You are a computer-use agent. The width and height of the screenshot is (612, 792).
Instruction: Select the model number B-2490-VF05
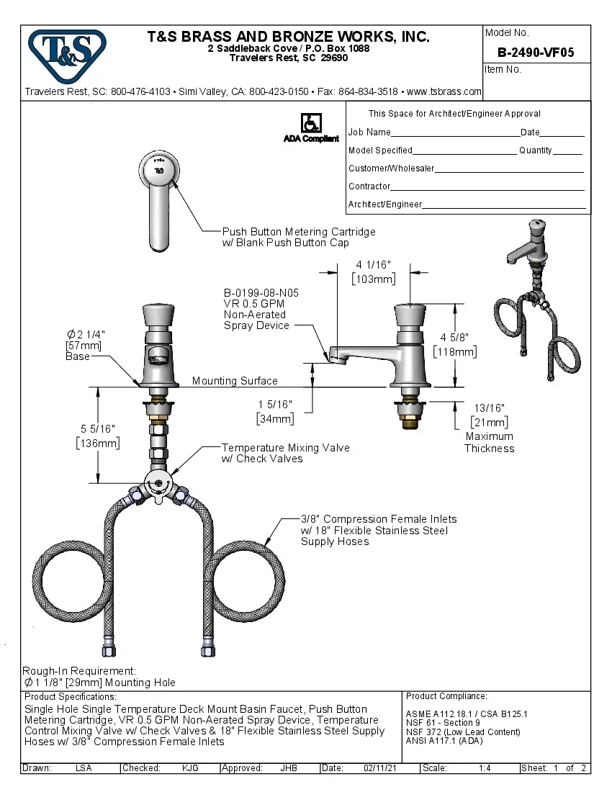(x=536, y=52)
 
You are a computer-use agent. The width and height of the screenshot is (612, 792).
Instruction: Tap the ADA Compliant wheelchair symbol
(x=311, y=123)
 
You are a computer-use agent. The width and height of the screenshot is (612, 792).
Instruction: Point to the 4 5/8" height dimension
(x=454, y=336)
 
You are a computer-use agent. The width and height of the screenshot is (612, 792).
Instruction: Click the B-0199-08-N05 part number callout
(x=261, y=293)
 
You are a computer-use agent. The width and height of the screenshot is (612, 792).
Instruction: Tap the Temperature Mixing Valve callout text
(x=285, y=448)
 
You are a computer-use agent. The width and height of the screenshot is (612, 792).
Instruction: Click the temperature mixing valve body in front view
(x=159, y=484)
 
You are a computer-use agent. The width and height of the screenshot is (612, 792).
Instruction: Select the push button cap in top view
(x=158, y=170)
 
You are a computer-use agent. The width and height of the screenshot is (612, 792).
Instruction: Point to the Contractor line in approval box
(x=369, y=186)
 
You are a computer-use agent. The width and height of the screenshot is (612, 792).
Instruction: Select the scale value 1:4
(x=485, y=768)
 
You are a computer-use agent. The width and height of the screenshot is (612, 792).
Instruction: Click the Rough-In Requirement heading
(x=79, y=670)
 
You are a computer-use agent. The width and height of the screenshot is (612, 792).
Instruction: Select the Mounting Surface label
(x=235, y=381)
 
